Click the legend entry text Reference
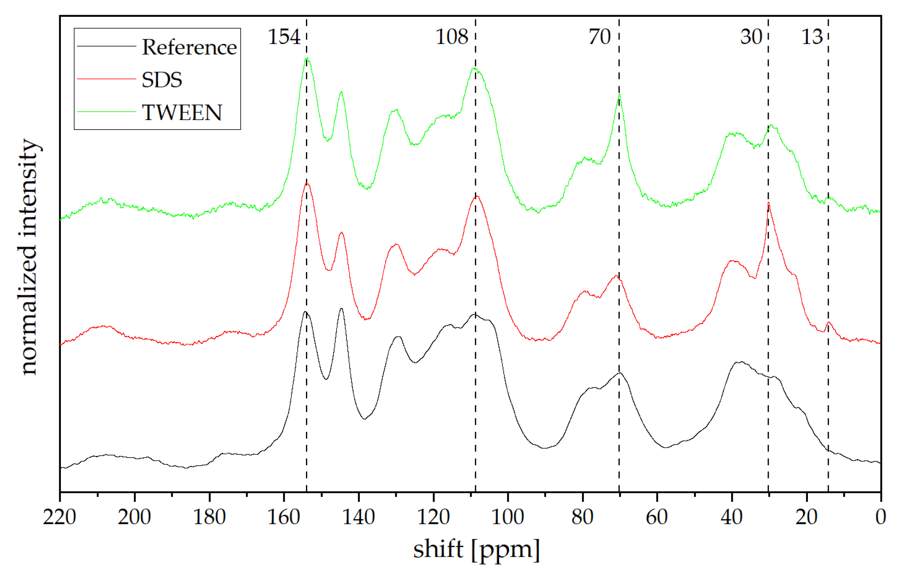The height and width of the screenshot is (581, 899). [x=189, y=47]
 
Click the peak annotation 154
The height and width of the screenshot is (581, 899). [x=284, y=37]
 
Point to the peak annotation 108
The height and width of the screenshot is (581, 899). [x=451, y=37]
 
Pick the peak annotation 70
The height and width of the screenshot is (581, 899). [x=599, y=37]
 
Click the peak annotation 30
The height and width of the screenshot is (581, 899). [x=751, y=37]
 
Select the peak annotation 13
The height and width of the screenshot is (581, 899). [x=812, y=37]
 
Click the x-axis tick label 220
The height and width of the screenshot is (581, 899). [x=60, y=517]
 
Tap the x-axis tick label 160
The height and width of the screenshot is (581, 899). [x=283, y=517]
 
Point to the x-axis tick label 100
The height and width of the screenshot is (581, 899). [x=507, y=517]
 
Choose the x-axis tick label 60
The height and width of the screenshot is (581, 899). [x=657, y=517]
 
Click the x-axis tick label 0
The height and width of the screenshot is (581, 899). [x=881, y=517]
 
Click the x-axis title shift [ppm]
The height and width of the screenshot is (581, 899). [x=476, y=550]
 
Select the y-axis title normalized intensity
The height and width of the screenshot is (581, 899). [x=29, y=257]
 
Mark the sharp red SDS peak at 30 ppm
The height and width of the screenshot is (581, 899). [x=768, y=203]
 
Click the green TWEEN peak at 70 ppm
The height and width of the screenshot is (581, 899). [x=619, y=95]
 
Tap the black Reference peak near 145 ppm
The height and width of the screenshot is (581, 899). [x=341, y=309]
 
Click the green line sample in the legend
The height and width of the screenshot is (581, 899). [x=106, y=112]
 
